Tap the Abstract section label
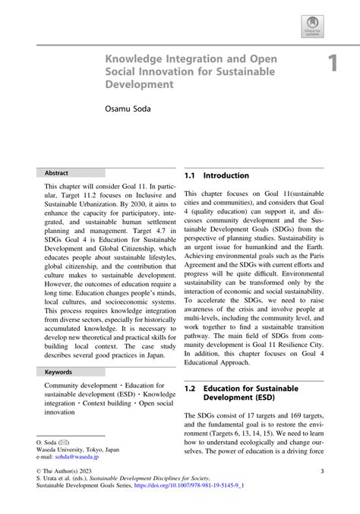56,173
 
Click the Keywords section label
58,373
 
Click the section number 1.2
191,389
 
